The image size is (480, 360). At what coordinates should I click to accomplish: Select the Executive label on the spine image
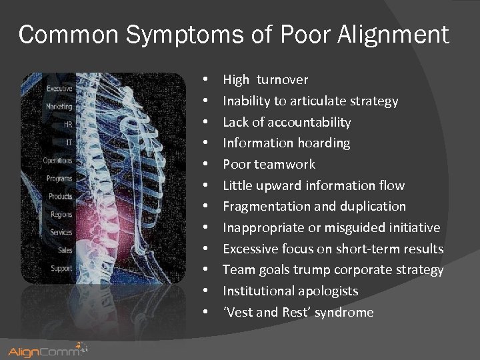59,89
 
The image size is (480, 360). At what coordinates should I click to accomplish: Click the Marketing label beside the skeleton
59,106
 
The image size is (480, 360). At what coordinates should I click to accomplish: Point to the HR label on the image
67,124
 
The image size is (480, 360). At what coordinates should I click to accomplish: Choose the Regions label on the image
61,215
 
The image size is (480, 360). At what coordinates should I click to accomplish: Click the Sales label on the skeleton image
64,250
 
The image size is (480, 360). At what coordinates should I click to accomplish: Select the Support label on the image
61,268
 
